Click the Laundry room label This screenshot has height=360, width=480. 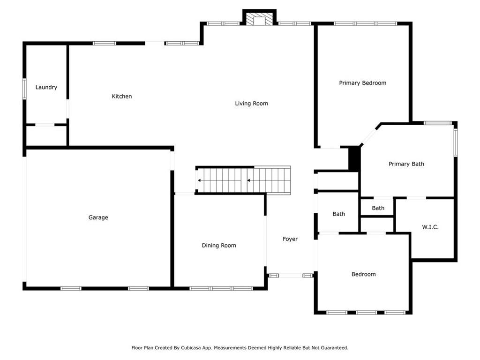[46, 88]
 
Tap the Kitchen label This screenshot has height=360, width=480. [122, 97]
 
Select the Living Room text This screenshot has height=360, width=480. [251, 104]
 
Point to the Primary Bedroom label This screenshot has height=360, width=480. [362, 83]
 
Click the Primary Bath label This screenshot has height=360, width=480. [406, 164]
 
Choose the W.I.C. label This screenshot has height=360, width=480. [430, 227]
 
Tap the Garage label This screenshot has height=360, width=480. [98, 217]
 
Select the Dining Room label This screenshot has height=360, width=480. [219, 246]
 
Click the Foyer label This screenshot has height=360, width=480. [290, 239]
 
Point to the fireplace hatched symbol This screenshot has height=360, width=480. [260, 19]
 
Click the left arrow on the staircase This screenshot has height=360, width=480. [200, 180]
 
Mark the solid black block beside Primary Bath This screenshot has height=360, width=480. [354, 158]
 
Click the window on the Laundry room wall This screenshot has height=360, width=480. [24, 89]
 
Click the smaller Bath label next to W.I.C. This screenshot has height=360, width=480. [378, 208]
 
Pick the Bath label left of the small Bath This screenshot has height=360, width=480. [339, 214]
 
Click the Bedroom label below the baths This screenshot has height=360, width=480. [364, 274]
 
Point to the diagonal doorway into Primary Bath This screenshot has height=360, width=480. [370, 135]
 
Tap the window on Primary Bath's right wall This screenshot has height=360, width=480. [456, 142]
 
